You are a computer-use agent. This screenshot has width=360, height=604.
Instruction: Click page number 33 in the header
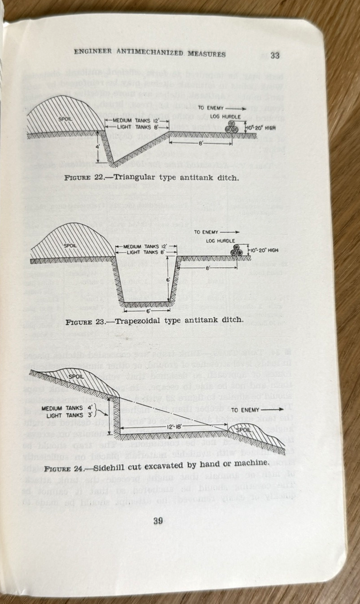pyautogui.click(x=275, y=56)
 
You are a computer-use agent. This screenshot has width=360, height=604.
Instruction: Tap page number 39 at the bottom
pyautogui.click(x=158, y=521)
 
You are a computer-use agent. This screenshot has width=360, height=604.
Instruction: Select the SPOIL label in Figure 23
pyautogui.click(x=70, y=246)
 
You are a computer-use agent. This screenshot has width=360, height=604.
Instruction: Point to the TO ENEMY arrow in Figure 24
pyautogui.click(x=272, y=410)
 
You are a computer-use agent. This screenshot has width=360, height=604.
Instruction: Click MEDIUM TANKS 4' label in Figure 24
pyautogui.click(x=68, y=408)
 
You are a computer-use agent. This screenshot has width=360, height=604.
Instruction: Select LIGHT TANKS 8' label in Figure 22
pyautogui.click(x=133, y=127)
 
